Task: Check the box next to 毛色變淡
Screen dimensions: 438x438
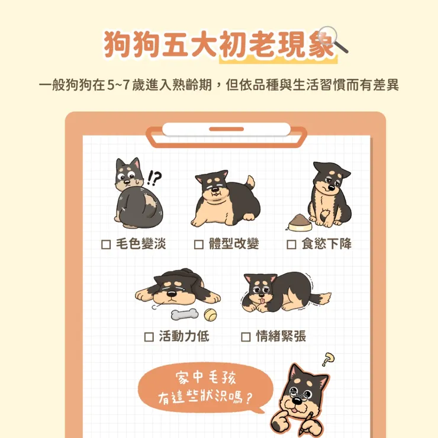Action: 107,244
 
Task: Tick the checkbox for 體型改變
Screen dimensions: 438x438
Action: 199,244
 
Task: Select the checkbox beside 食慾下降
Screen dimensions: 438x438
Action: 291,244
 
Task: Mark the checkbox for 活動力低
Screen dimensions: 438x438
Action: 149,337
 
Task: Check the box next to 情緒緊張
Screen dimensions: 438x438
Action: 246,337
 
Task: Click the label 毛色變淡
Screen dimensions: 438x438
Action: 141,244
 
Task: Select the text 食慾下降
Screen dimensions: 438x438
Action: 326,244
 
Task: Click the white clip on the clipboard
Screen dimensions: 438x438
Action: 226,129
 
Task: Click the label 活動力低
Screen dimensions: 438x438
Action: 184,337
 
